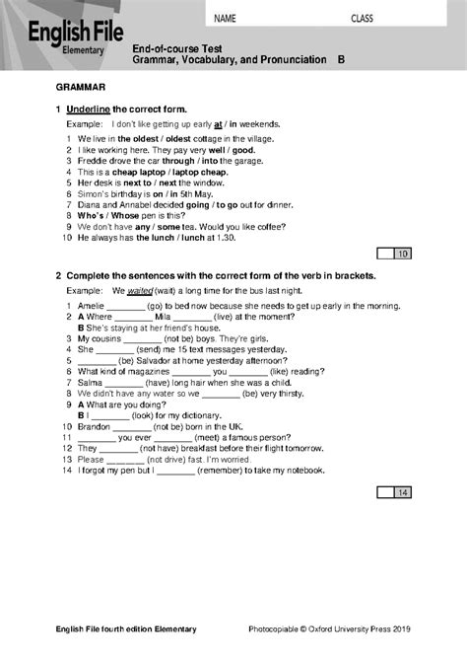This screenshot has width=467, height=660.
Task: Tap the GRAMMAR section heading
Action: coord(81,87)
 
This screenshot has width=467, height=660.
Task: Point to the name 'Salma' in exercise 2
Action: coord(90,382)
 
